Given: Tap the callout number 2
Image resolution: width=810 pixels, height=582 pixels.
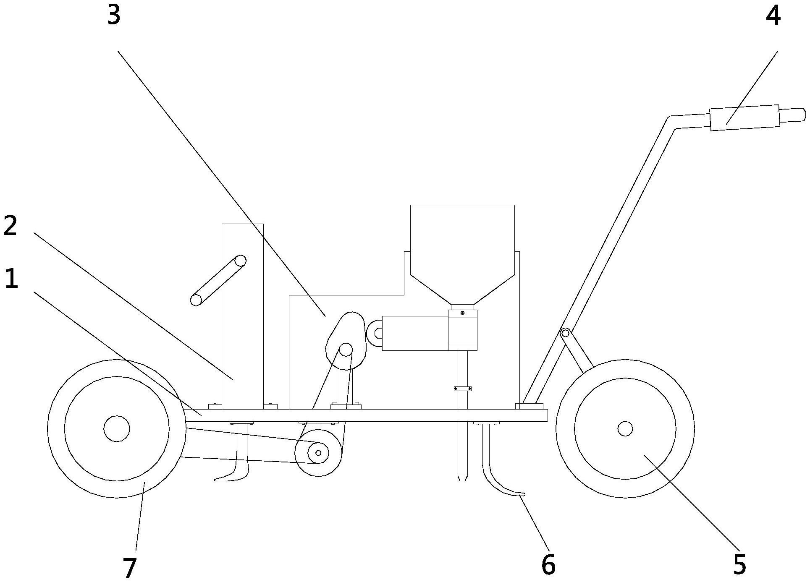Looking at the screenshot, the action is pyautogui.click(x=10, y=225).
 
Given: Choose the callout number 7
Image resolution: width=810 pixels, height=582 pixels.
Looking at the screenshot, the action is pyautogui.click(x=129, y=568).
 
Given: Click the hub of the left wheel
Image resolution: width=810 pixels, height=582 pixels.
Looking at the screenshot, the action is pyautogui.click(x=117, y=429).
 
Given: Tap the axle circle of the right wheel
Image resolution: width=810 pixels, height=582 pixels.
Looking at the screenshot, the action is pyautogui.click(x=625, y=428).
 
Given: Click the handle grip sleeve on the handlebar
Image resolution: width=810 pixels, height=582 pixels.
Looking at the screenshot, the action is pyautogui.click(x=744, y=117).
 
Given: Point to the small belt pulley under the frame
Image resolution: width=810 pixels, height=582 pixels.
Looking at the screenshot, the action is pyautogui.click(x=318, y=453).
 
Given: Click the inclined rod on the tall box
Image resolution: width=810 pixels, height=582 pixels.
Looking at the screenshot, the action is pyautogui.click(x=218, y=280).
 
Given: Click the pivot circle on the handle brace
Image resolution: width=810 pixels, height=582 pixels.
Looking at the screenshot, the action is pyautogui.click(x=565, y=334).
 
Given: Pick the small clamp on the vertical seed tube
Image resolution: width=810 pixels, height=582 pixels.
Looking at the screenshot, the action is pyautogui.click(x=462, y=389).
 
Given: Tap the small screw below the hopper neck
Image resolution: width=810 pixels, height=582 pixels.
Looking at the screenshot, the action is pyautogui.click(x=462, y=313).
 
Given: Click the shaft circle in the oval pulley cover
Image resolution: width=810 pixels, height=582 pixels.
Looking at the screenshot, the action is pyautogui.click(x=346, y=350).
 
